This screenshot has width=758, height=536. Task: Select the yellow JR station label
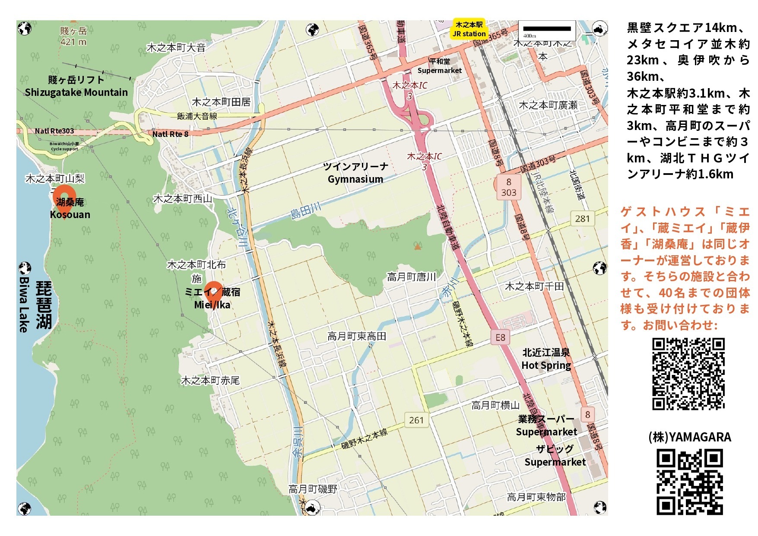click(469, 29)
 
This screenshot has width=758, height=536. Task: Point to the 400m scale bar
click(547, 29)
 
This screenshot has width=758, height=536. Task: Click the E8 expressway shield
click(500, 337)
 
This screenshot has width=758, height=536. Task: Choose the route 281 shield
click(582, 219)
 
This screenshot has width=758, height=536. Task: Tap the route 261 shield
click(416, 420)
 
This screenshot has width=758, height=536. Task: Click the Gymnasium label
click(355, 179)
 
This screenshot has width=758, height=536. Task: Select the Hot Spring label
click(546, 365)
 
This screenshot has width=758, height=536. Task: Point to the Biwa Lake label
click(24, 304)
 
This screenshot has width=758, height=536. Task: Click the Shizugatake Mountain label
click(76, 92)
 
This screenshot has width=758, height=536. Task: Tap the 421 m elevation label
click(73, 42)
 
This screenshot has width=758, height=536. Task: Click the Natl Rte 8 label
click(171, 134)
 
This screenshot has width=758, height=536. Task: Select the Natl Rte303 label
click(54, 131)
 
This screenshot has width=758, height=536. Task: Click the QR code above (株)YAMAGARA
click(688, 374)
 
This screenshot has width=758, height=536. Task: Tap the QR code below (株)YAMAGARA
click(689, 482)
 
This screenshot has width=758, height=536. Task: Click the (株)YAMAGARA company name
click(689, 437)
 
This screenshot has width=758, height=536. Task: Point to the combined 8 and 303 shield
click(508, 187)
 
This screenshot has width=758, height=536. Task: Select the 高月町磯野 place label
click(313, 489)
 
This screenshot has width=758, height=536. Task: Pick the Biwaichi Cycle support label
click(64, 146)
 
